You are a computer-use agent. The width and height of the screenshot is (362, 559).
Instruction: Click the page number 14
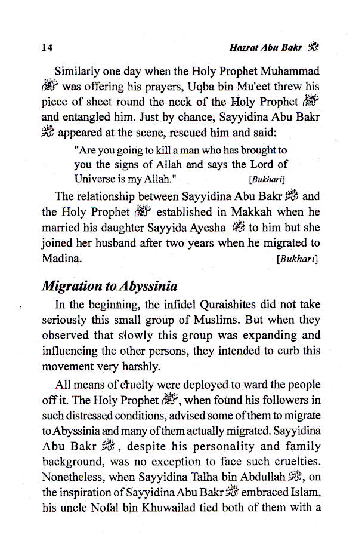(x=47, y=47)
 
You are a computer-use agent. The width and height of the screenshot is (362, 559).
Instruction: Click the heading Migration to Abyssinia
(x=110, y=286)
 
